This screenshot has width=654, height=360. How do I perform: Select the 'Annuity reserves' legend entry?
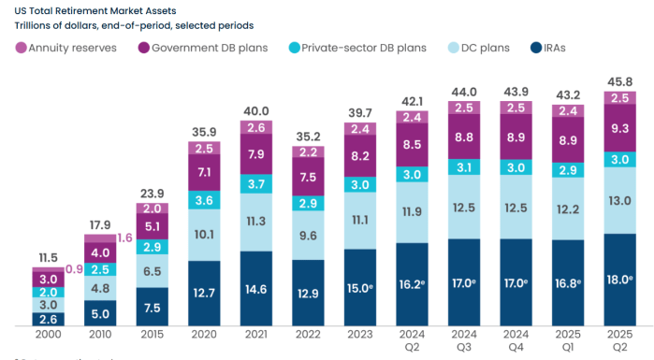[69, 47]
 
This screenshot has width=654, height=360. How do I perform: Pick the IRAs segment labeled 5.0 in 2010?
[100, 314]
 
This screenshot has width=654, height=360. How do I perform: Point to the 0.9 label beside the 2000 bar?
[74, 269]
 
